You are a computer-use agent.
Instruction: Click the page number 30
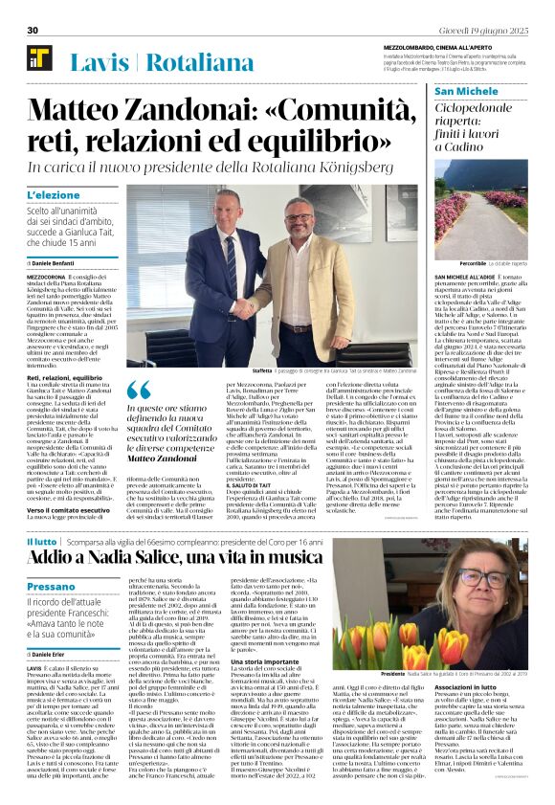tap(33, 30)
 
